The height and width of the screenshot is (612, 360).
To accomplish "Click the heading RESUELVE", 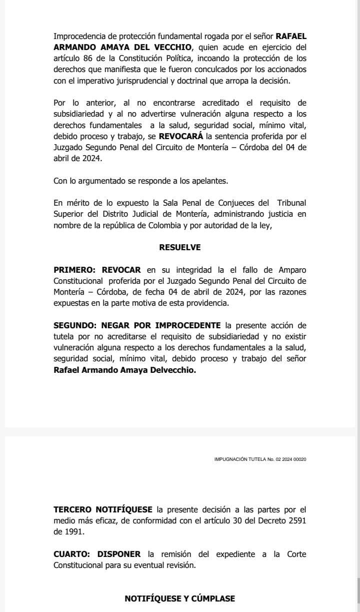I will click(x=180, y=247).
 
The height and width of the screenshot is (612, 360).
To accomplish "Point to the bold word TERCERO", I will click(x=72, y=510).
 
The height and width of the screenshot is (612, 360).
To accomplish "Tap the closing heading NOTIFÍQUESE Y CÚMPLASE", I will click(x=180, y=598).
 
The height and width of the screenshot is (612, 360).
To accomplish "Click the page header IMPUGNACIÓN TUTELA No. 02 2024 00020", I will click(x=260, y=459).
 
